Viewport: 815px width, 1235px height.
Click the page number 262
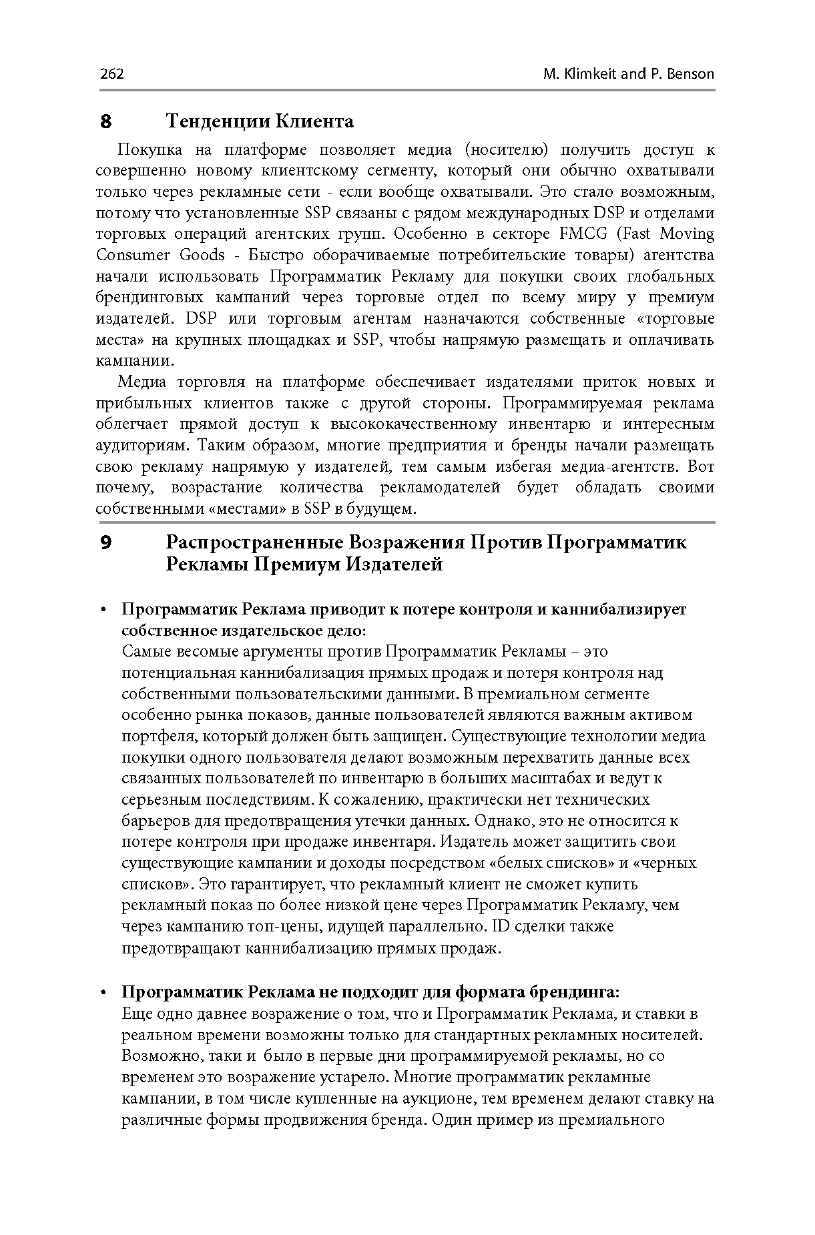(x=111, y=73)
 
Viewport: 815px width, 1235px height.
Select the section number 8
(x=105, y=122)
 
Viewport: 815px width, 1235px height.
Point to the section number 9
(x=105, y=542)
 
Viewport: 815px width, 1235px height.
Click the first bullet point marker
(x=104, y=610)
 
